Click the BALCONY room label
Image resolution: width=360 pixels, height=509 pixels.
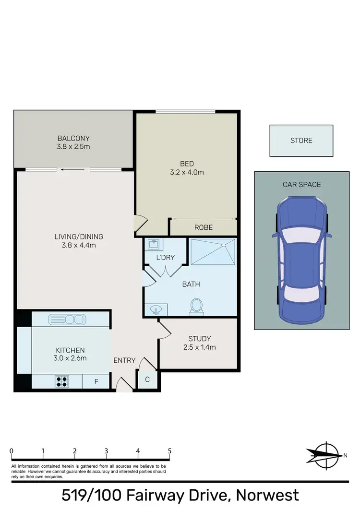[73, 138]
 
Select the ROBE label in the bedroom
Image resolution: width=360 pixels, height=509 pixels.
[204, 227]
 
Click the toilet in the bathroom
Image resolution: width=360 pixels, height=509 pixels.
[196, 306]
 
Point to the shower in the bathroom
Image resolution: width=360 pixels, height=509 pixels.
[213, 252]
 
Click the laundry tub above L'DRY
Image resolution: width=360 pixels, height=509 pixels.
[153, 245]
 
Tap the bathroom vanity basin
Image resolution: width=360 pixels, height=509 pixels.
[155, 310]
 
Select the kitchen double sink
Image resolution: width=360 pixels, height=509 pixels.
[67, 319]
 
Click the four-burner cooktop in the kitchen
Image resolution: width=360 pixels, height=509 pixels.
[62, 381]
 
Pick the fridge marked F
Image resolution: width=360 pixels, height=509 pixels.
[96, 382]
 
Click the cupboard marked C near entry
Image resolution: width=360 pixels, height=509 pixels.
[147, 380]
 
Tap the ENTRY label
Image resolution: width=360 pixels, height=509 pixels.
[124, 360]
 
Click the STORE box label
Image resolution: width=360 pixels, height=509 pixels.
[301, 141]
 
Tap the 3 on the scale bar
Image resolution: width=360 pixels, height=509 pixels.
[106, 451]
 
